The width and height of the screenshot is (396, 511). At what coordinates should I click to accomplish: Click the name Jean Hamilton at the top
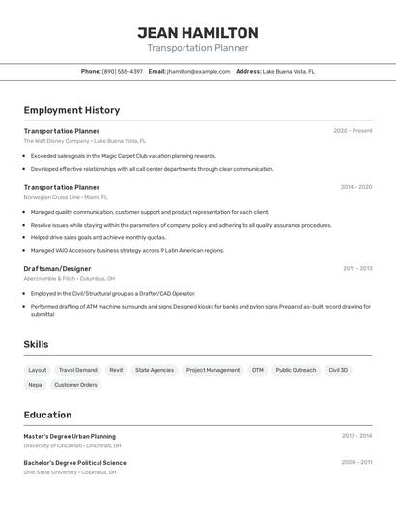(x=198, y=33)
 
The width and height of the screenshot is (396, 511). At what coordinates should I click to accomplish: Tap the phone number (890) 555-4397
(x=123, y=71)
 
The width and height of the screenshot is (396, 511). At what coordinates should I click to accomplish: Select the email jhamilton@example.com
(x=198, y=71)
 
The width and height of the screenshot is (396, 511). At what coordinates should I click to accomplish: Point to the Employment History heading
(x=71, y=110)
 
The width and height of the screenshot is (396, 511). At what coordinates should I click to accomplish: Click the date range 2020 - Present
(x=353, y=131)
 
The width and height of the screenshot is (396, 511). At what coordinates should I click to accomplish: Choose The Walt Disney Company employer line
(x=84, y=141)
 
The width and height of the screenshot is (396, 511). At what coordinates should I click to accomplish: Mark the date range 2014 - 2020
(x=355, y=187)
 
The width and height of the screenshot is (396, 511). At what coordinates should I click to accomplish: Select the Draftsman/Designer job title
(x=57, y=269)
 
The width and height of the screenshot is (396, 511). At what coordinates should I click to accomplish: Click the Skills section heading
(x=36, y=344)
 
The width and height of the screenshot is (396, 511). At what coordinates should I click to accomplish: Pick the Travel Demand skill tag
(x=77, y=370)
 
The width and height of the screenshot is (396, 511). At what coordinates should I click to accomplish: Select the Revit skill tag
(x=116, y=370)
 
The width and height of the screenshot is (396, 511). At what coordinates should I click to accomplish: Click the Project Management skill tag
(x=212, y=370)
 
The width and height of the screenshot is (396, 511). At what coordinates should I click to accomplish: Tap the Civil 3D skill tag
(x=338, y=370)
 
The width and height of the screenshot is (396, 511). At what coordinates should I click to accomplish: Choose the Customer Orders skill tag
(x=75, y=385)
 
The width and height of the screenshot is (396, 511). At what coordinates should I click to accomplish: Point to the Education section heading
(x=47, y=415)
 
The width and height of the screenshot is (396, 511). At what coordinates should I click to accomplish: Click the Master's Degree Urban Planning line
(x=70, y=436)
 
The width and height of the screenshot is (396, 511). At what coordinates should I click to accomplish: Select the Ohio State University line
(x=70, y=472)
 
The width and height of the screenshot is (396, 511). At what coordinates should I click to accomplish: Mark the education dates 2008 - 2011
(x=356, y=463)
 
